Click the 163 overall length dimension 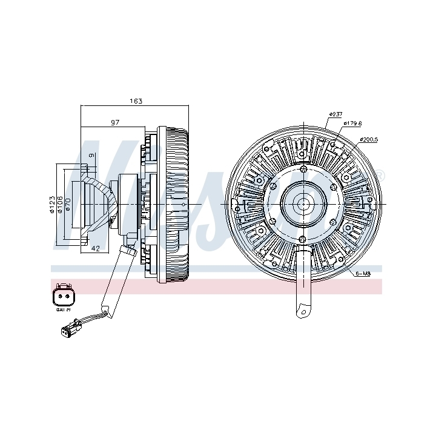click(x=136, y=101)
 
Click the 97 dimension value click(x=115, y=122)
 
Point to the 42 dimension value click(x=95, y=249)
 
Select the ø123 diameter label click(x=53, y=205)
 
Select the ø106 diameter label click(x=61, y=205)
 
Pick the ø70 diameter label click(x=68, y=205)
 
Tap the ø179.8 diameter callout click(x=352, y=123)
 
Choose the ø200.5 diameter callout click(x=368, y=139)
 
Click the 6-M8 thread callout click(x=363, y=274)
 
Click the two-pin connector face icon click(x=63, y=296)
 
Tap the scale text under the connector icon click(x=63, y=311)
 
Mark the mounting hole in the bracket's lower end click(x=301, y=310)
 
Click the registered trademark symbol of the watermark click(x=381, y=176)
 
